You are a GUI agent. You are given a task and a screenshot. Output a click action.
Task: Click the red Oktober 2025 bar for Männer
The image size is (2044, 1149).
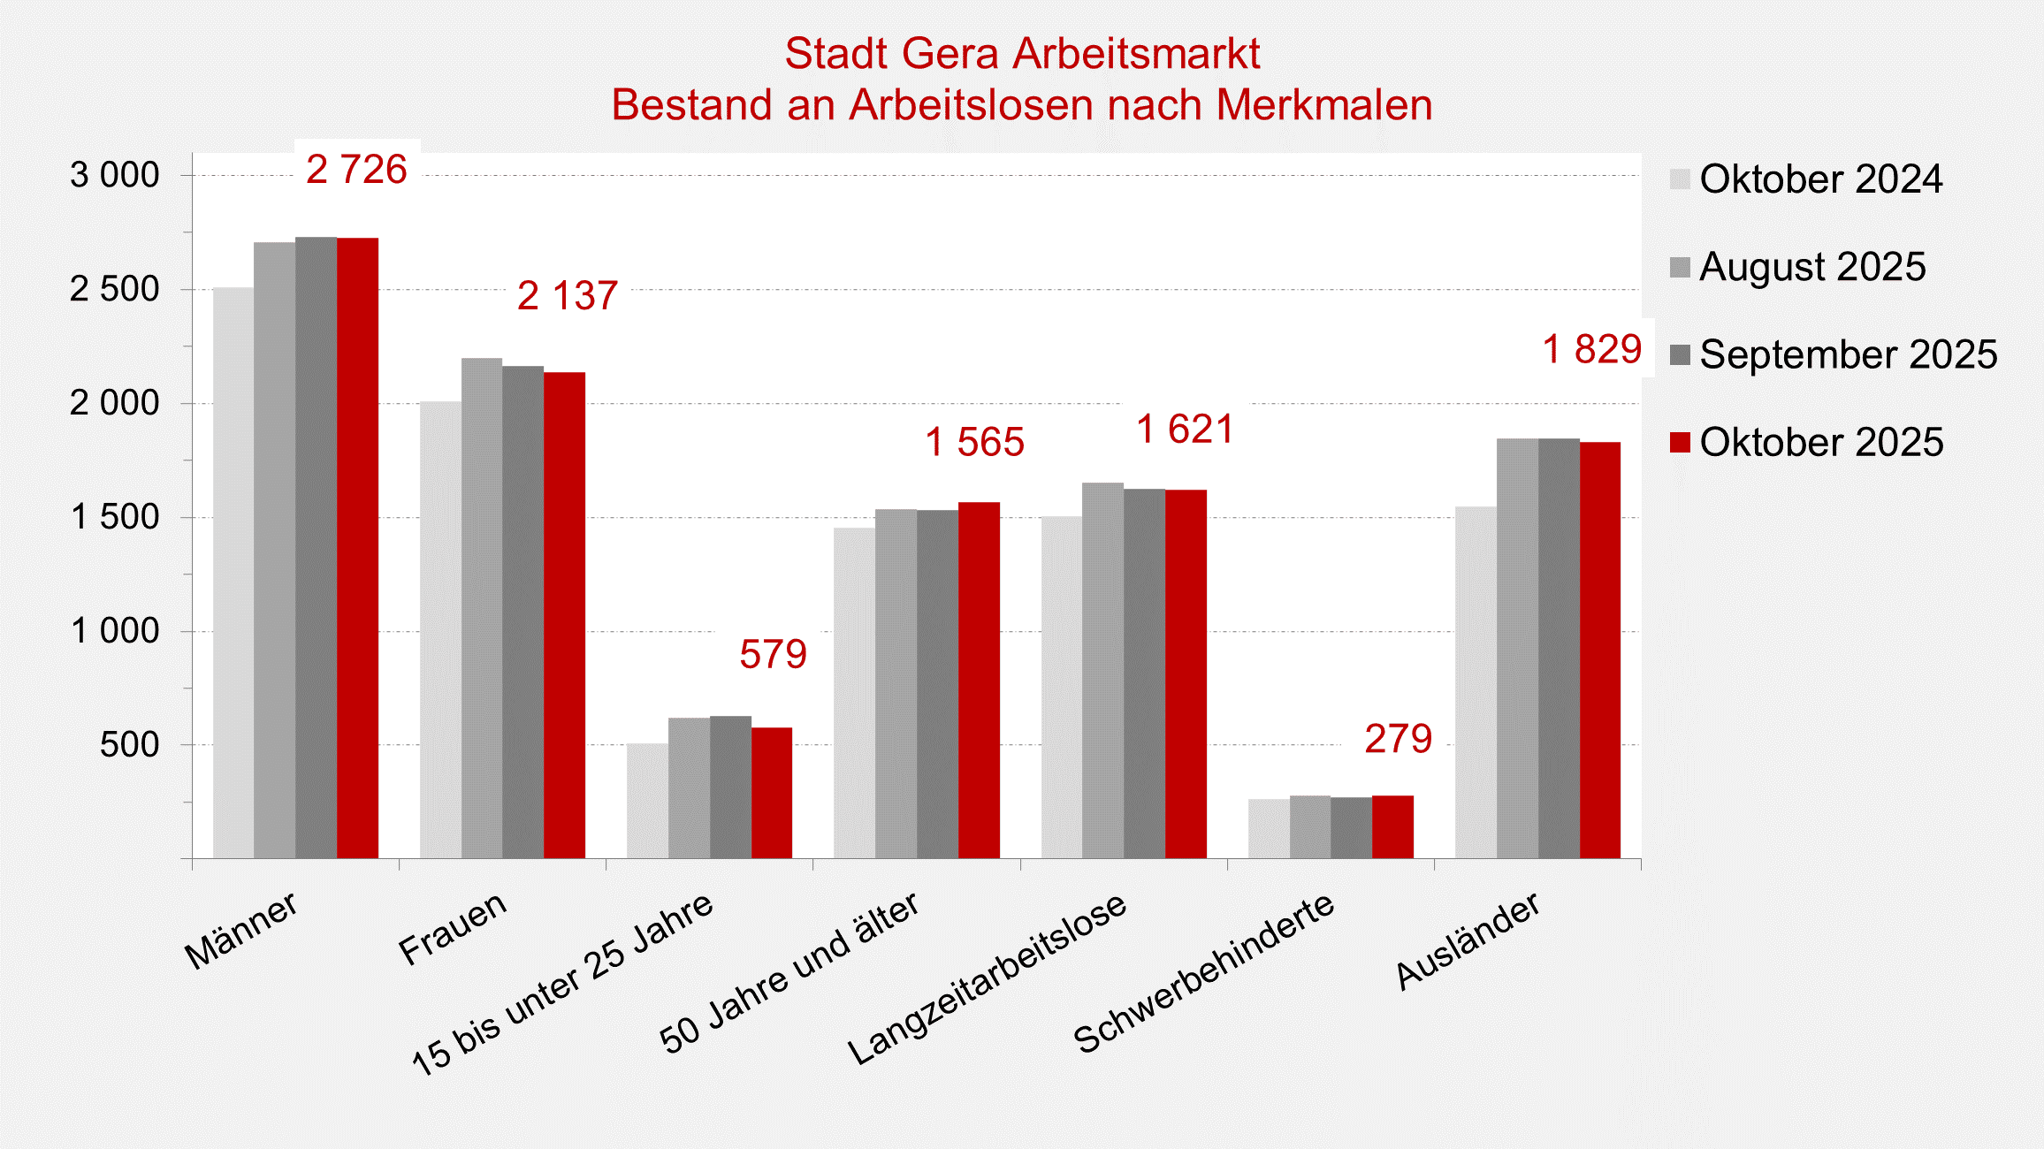pyautogui.click(x=357, y=548)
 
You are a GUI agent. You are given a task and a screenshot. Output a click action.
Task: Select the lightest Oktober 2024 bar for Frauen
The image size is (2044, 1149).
pyautogui.click(x=440, y=629)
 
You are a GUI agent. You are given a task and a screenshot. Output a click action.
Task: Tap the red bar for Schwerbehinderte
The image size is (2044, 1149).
pyautogui.click(x=1392, y=826)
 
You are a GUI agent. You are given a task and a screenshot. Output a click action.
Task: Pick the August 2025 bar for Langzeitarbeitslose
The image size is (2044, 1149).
pyautogui.click(x=1102, y=670)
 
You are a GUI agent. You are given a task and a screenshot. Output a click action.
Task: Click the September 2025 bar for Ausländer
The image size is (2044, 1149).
pyautogui.click(x=1559, y=648)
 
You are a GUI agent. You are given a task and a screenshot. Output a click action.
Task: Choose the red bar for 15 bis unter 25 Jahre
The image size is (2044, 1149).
pyautogui.click(x=772, y=793)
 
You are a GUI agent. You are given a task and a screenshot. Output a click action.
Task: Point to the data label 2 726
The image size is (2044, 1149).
pyautogui.click(x=356, y=170)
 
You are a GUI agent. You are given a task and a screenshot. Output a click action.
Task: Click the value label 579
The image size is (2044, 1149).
pyautogui.click(x=773, y=655)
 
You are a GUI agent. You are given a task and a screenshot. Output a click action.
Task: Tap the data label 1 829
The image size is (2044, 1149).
pyautogui.click(x=1591, y=349)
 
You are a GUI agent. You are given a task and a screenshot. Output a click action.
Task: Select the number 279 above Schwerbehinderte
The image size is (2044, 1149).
pyautogui.click(x=1398, y=739)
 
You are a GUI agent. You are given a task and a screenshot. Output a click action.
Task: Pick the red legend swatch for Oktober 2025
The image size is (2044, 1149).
pyautogui.click(x=1680, y=442)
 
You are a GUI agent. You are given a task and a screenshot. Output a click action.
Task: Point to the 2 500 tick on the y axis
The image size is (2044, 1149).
pyautogui.click(x=115, y=289)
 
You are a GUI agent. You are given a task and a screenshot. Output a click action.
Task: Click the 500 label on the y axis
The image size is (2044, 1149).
pyautogui.click(x=129, y=745)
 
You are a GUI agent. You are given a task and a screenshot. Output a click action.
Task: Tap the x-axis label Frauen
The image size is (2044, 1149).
pyautogui.click(x=453, y=928)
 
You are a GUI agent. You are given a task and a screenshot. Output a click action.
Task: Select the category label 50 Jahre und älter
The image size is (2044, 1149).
pyautogui.click(x=789, y=972)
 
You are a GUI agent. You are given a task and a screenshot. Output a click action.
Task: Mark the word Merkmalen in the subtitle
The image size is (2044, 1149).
pyautogui.click(x=1323, y=105)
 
